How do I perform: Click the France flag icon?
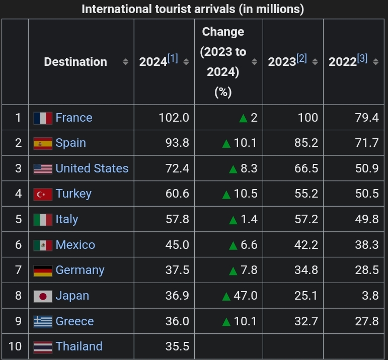[43, 118]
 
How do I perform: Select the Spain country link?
[70, 143]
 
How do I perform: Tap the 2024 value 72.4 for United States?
[177, 168]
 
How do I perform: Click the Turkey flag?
[43, 194]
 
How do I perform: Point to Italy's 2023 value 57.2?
[306, 219]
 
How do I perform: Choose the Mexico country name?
[75, 245]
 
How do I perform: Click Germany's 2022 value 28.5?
[366, 270]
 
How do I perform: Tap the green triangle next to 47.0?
[226, 296]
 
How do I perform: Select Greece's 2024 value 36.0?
[177, 321]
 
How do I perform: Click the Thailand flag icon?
[43, 347]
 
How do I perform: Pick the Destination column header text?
[75, 62]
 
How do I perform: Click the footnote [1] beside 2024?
[173, 58]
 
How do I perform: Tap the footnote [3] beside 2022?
[362, 58]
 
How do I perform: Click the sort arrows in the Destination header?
[125, 62]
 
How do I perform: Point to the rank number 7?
[18, 270]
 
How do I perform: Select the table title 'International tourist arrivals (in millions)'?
[193, 9]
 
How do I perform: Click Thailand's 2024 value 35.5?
[177, 347]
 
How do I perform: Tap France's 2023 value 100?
[307, 118]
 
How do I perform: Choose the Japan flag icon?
[43, 296]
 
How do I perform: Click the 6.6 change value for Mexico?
[249, 245]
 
